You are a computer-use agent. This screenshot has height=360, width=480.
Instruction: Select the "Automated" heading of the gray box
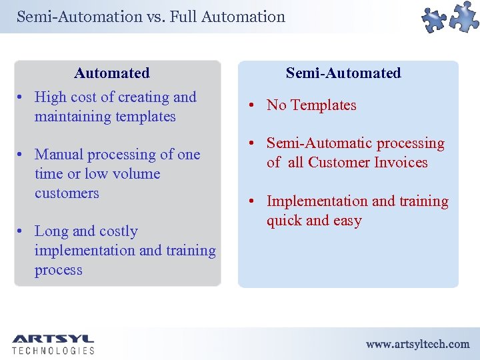pos(112,73)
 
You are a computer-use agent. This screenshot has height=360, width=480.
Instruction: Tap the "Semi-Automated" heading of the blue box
pos(343,73)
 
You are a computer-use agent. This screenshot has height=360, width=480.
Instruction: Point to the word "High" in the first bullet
pos(51,97)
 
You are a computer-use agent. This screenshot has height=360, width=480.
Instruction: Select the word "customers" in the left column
pos(67,193)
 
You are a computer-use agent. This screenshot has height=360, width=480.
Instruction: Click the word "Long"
pos(51,231)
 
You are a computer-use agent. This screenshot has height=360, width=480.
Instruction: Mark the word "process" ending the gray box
pos(59,270)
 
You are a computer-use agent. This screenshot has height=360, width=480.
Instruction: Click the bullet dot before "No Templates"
pos(255,106)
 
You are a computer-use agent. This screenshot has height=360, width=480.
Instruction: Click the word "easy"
pos(347,221)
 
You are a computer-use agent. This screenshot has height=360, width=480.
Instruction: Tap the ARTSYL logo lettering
pos(53,339)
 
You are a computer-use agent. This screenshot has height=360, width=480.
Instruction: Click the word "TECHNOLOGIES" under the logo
pos(53,351)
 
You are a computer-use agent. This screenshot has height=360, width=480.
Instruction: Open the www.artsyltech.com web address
pos(417,344)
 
